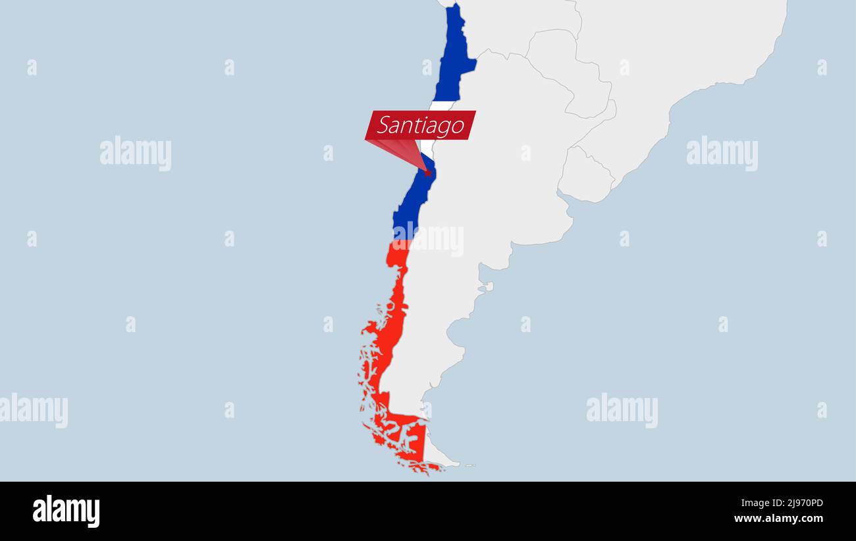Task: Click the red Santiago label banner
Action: [x=420, y=125]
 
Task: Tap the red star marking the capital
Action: [x=427, y=173]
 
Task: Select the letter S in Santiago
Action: [x=385, y=125]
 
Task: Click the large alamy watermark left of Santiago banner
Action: [x=136, y=153]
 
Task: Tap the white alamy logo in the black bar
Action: [x=66, y=511]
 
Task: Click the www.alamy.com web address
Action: [x=778, y=519]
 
